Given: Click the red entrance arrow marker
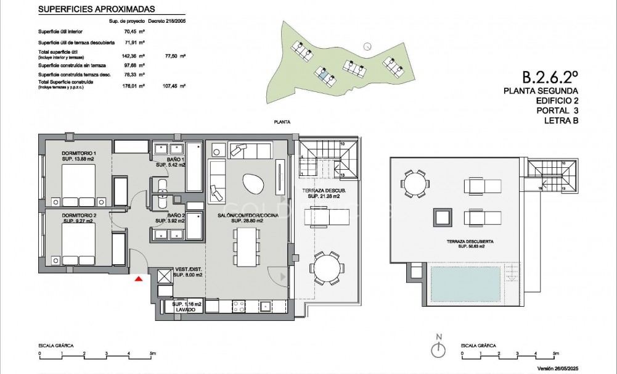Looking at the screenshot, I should (x=139, y=280).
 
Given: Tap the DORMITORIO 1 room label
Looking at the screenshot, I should (x=79, y=156).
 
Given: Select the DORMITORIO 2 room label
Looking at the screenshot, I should (x=78, y=217).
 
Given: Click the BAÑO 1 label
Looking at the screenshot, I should (x=163, y=162).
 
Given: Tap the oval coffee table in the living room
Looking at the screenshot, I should (x=253, y=184).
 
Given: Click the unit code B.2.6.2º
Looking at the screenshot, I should (x=550, y=77).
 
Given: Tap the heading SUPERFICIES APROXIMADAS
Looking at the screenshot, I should (x=96, y=9).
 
